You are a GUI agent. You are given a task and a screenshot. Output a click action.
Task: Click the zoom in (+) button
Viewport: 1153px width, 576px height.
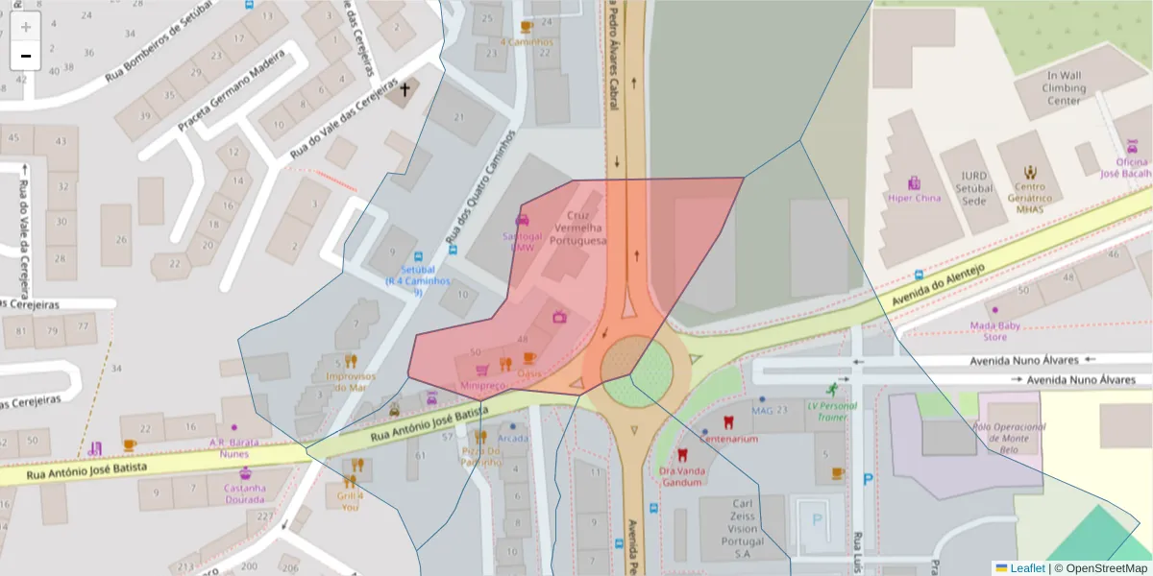pyautogui.click(x=26, y=27)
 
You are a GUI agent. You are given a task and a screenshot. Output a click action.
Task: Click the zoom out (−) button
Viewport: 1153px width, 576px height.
pyautogui.click(x=26, y=56)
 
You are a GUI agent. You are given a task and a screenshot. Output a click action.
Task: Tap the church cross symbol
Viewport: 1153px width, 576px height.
pyautogui.click(x=405, y=90)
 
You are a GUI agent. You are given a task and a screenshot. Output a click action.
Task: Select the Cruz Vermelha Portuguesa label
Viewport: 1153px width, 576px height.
pyautogui.click(x=577, y=228)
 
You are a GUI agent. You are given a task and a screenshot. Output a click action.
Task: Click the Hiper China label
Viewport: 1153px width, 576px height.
pyautogui.click(x=913, y=198)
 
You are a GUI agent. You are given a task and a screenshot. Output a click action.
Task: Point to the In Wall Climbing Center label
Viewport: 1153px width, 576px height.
pyautogui.click(x=1064, y=87)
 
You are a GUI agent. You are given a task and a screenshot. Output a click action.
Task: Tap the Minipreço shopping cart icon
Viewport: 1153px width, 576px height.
pyautogui.click(x=482, y=370)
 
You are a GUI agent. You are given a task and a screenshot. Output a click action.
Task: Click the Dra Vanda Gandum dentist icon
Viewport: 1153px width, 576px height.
pyautogui.click(x=683, y=455)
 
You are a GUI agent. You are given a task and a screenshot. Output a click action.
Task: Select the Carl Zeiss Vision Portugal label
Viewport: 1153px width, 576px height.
pyautogui.click(x=741, y=528)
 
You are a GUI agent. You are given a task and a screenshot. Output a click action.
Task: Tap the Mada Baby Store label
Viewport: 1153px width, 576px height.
pyautogui.click(x=994, y=331)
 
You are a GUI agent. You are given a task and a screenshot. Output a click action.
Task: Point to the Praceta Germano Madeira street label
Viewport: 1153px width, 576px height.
pyautogui.click(x=232, y=92)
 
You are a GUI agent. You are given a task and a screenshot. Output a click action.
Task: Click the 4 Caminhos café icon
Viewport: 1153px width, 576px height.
pyautogui.click(x=526, y=27)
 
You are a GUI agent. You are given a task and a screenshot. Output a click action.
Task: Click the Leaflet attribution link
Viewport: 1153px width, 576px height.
pyautogui.click(x=1026, y=567)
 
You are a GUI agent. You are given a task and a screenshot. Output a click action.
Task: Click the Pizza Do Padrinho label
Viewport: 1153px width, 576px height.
pyautogui.click(x=481, y=456)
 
